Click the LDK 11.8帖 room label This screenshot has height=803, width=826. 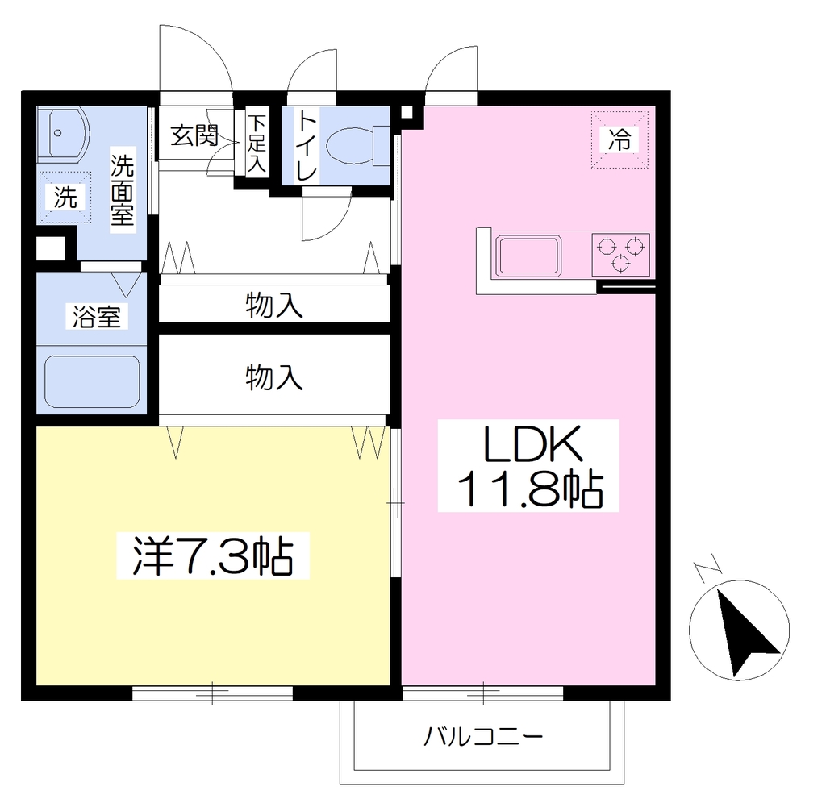click(528, 465)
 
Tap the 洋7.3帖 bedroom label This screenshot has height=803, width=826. click(213, 556)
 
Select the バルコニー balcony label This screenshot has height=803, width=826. click(483, 736)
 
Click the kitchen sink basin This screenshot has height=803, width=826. click(529, 256)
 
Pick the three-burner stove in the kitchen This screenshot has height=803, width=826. click(620, 255)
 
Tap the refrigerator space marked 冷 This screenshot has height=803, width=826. click(619, 139)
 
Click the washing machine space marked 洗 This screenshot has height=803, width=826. click(65, 198)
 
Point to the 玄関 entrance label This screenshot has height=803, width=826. click(194, 135)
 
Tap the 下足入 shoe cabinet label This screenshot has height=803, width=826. click(257, 144)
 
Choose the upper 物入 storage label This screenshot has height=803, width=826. click(274, 306)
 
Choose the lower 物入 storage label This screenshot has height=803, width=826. click(274, 377)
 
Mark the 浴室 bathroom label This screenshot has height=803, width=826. click(97, 317)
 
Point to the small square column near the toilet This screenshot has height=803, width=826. click(407, 112)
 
